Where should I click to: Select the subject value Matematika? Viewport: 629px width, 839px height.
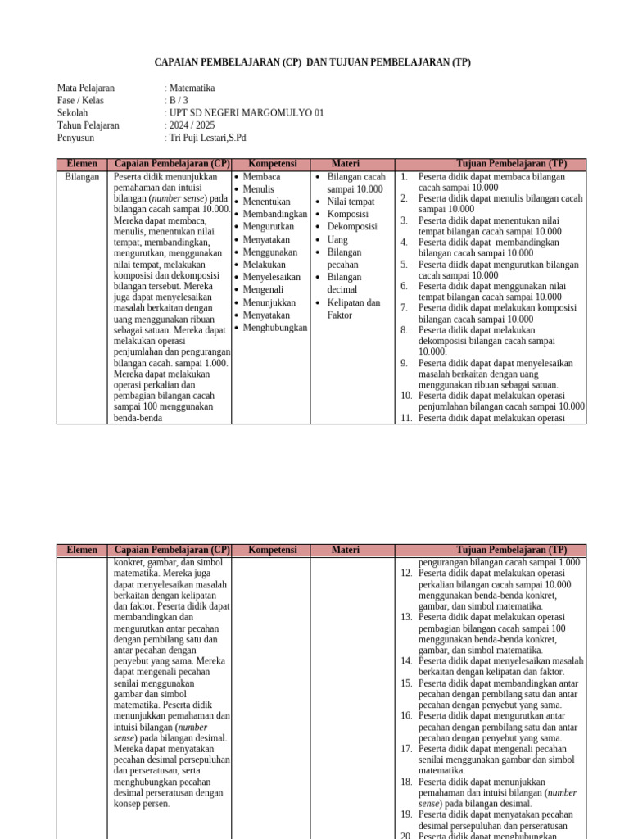(x=192, y=88)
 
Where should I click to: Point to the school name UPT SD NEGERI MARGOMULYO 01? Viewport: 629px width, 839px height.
(x=246, y=113)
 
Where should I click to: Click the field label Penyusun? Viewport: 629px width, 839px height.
(x=75, y=138)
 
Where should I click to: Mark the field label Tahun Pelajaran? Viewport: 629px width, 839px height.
(x=88, y=125)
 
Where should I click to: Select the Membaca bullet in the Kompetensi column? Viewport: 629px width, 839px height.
(x=261, y=177)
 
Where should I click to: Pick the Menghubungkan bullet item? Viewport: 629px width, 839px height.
(x=274, y=328)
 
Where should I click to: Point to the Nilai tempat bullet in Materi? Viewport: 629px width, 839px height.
(x=351, y=202)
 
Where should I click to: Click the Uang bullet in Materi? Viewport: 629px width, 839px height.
(x=337, y=240)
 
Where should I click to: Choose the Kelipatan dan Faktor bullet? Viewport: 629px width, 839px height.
(x=353, y=309)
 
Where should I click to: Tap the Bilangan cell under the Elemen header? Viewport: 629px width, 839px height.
(x=82, y=177)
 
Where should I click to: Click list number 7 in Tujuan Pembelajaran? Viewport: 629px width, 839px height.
(x=404, y=308)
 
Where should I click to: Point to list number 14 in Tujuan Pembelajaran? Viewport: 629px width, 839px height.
(x=406, y=660)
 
